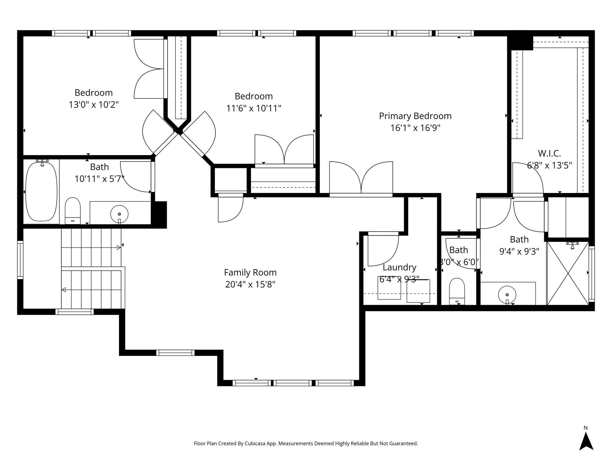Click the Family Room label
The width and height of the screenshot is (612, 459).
(250, 273)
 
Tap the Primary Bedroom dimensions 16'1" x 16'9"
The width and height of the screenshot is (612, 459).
(415, 128)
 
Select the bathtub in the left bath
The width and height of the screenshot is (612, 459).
(41, 192)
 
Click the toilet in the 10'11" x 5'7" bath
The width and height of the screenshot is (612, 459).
(73, 210)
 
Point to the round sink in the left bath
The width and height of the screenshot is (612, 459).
(119, 214)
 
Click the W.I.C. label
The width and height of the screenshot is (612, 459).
(549, 153)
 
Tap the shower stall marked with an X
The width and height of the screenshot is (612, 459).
(567, 273)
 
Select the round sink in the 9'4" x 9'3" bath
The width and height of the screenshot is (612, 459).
(507, 295)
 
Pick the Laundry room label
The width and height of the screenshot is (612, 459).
(399, 267)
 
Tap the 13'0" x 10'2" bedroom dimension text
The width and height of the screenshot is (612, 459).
(94, 105)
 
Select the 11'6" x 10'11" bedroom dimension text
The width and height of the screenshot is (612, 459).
(254, 108)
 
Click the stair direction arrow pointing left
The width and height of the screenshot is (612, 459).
(64, 290)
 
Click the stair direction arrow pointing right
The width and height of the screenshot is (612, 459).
(118, 247)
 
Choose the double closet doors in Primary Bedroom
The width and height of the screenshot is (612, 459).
(361, 178)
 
